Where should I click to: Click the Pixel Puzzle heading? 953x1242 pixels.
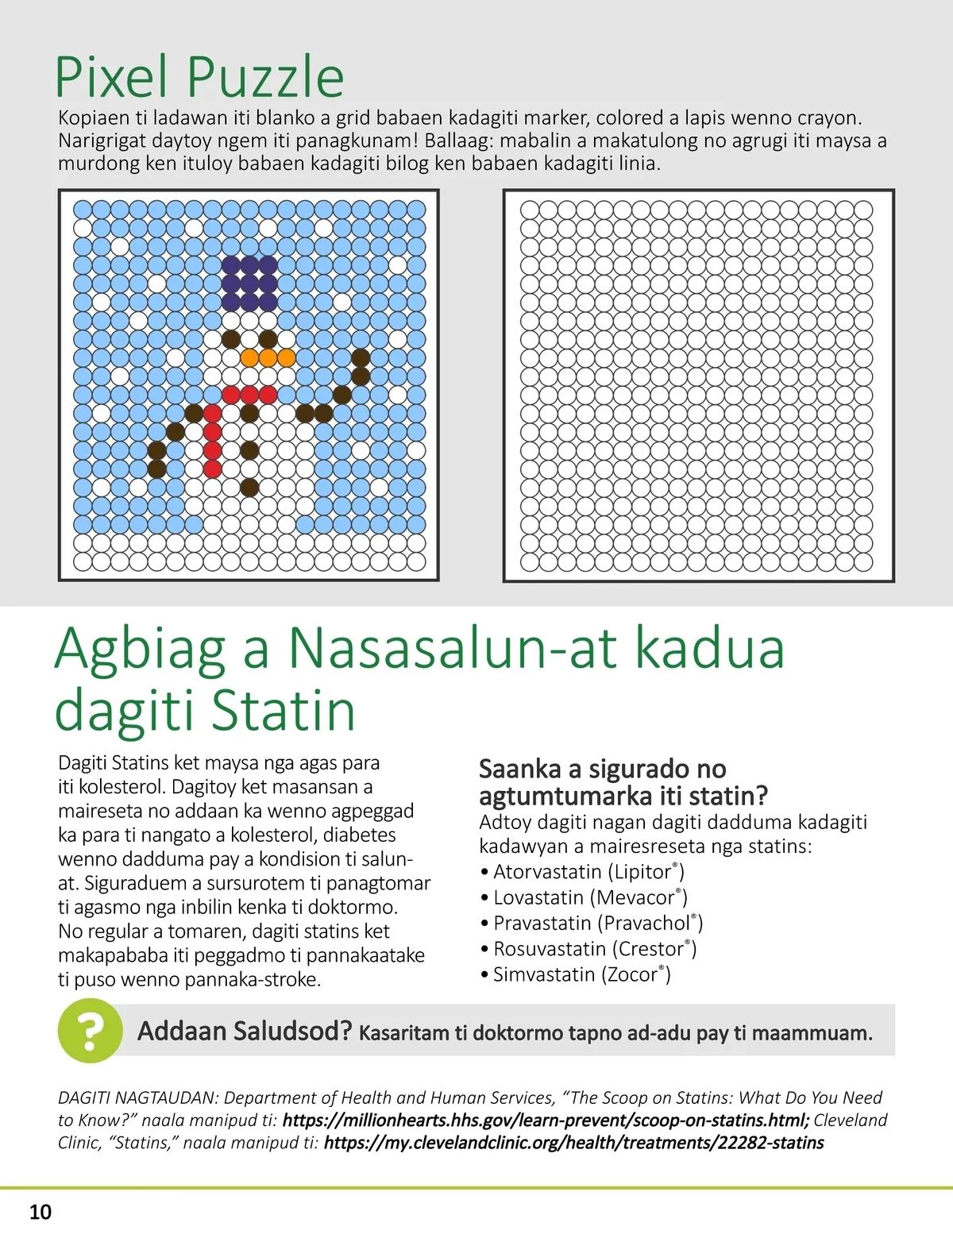pyautogui.click(x=199, y=77)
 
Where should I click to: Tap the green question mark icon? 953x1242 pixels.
pyautogui.click(x=90, y=1031)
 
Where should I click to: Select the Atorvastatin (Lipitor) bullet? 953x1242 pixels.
pyautogui.click(x=588, y=872)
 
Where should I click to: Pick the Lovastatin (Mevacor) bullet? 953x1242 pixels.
pyautogui.click(x=589, y=897)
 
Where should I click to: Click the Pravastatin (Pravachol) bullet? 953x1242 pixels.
pyautogui.click(x=597, y=923)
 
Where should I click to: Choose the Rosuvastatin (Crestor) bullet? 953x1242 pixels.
pyautogui.click(x=594, y=949)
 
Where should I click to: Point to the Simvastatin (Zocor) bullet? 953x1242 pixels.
pyautogui.click(x=581, y=974)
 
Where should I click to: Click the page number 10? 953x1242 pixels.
pyautogui.click(x=40, y=1212)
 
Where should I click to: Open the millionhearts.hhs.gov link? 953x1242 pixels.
pyautogui.click(x=546, y=1120)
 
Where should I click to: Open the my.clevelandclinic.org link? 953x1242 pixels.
pyautogui.click(x=573, y=1143)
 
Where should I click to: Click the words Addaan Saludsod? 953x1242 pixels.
pyautogui.click(x=244, y=1032)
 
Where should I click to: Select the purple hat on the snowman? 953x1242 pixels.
pyautogui.click(x=249, y=283)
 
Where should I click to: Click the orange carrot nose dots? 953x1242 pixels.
pyautogui.click(x=268, y=358)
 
